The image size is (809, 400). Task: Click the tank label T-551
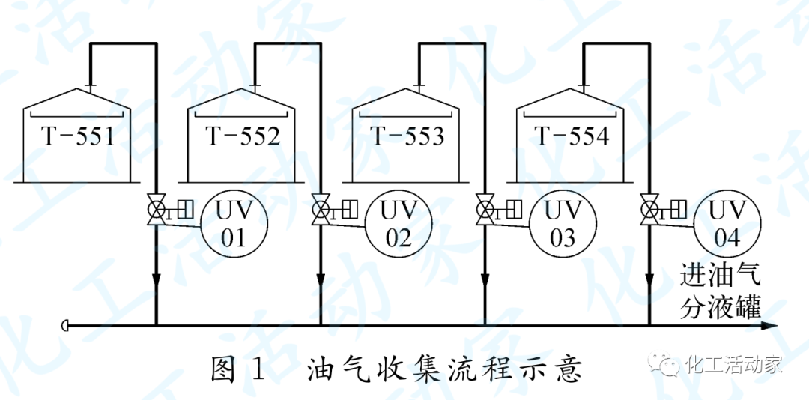click(77, 136)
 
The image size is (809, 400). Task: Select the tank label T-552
click(243, 136)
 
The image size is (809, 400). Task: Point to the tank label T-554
click(572, 136)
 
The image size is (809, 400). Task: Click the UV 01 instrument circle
click(234, 222)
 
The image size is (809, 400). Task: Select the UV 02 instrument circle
click(399, 222)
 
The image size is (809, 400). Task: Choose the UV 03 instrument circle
click(563, 222)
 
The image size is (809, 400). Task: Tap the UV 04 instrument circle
click(727, 222)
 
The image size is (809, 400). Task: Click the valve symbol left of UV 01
click(157, 209)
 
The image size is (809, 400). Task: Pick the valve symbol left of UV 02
click(321, 209)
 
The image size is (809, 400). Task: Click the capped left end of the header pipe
click(66, 326)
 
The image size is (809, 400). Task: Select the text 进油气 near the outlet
click(721, 276)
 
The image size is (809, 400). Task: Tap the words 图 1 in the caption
click(239, 369)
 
